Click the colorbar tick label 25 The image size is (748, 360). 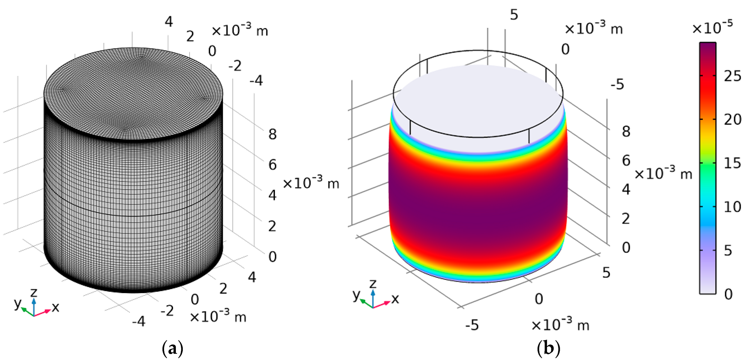point(732,76)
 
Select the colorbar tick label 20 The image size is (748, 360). point(732,119)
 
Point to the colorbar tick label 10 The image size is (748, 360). point(732,207)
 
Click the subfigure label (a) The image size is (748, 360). point(173,348)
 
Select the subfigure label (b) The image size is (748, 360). point(548,348)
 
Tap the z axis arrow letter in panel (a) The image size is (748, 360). point(34,292)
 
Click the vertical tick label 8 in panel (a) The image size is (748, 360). point(272,134)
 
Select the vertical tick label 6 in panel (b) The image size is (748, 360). point(626,160)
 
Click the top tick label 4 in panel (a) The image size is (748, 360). point(169,22)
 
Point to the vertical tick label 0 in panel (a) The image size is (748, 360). point(272,257)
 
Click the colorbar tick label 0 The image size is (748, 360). point(728,294)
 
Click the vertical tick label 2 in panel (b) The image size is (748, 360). point(626,219)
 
